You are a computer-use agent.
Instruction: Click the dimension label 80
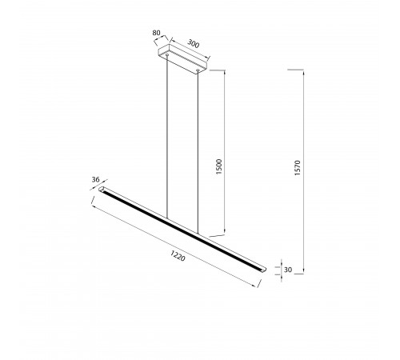[156, 33]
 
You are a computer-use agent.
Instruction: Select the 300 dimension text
[193, 43]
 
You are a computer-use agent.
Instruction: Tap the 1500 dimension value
[218, 166]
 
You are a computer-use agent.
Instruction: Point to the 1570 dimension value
[298, 168]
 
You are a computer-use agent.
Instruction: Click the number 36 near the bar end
[95, 179]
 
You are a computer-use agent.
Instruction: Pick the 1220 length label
[178, 255]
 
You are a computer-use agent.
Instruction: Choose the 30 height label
[288, 270]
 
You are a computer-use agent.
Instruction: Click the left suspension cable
[167, 137]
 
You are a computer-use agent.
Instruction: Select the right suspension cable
[198, 152]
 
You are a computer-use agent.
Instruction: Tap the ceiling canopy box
[182, 58]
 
